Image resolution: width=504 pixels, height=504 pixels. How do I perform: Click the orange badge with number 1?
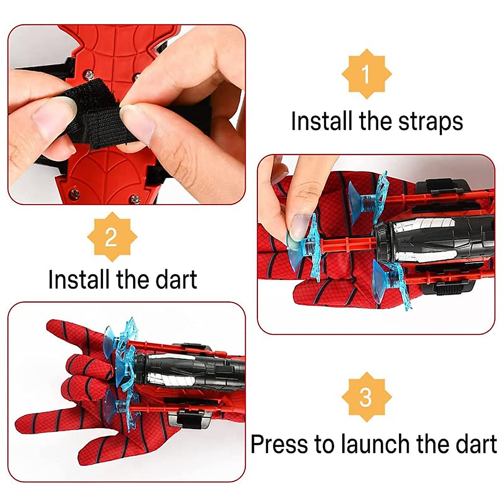point(366,74)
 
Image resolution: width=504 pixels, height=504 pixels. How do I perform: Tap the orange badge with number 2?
point(111,237)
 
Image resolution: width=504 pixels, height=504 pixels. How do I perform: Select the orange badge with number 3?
point(366,397)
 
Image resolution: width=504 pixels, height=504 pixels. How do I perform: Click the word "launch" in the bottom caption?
point(376,444)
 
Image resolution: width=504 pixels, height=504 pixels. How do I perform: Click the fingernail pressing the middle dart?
point(300,227)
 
